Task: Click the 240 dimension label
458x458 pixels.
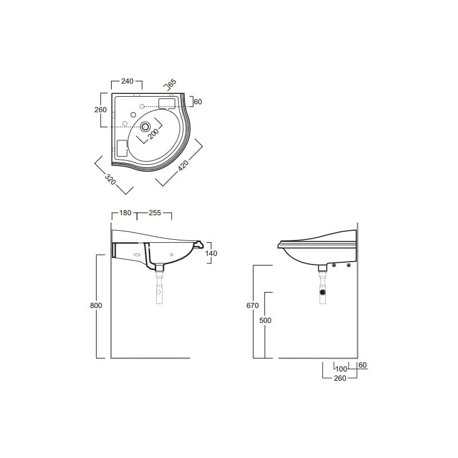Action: (x=127, y=81)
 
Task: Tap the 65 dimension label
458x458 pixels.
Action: (x=172, y=82)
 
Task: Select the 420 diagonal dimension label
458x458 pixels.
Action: (x=183, y=165)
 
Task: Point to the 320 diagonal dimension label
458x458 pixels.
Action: (x=110, y=179)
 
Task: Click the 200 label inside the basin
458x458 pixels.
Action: (x=153, y=133)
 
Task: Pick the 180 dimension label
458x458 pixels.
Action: (x=125, y=213)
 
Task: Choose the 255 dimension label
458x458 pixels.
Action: (x=155, y=213)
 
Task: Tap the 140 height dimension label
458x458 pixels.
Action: (x=211, y=253)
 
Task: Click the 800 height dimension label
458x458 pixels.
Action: (x=96, y=306)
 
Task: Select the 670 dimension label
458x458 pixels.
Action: (x=252, y=306)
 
